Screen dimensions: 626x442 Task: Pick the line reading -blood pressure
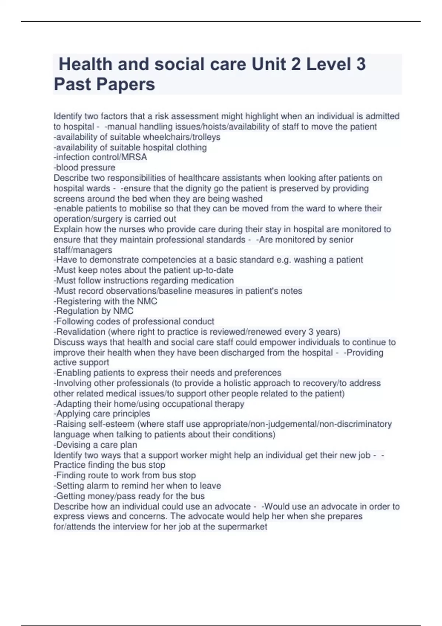click(x=84, y=168)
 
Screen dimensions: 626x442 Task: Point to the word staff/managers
click(x=83, y=250)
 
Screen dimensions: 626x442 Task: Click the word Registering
click(x=79, y=301)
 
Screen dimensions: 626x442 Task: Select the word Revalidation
click(x=81, y=332)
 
